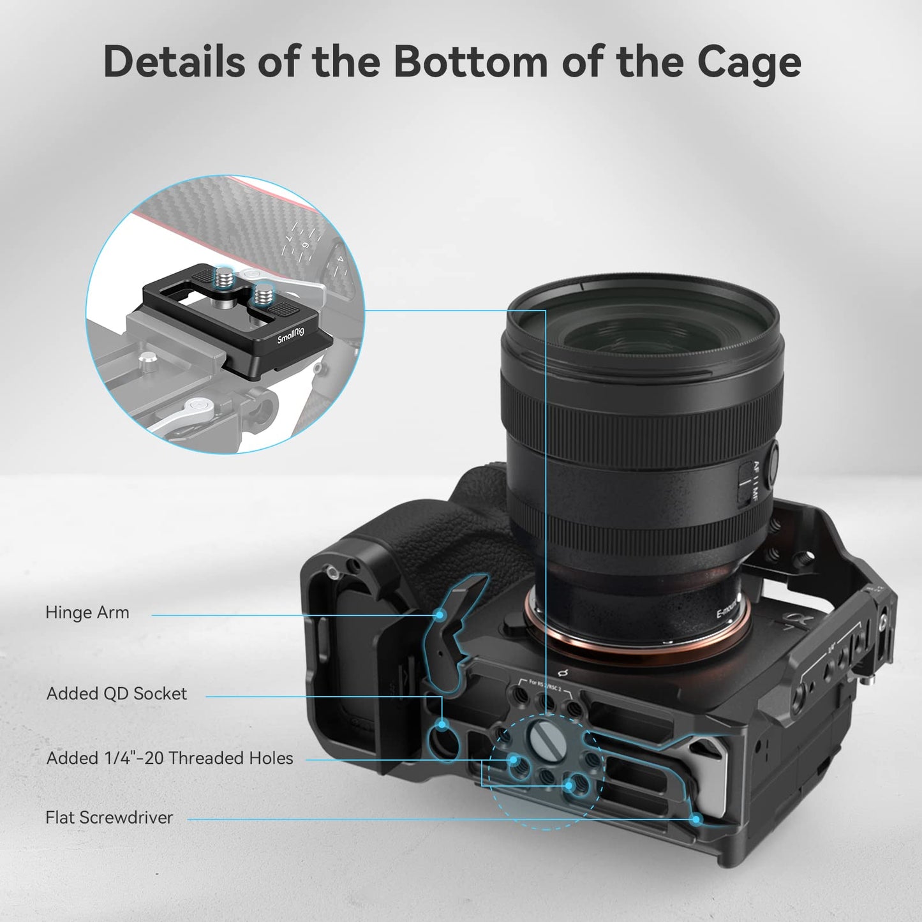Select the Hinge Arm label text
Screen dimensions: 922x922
point(87,613)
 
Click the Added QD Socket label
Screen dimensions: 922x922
point(117,694)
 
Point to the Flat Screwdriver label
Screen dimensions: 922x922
point(109,817)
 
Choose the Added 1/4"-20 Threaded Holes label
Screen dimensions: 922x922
point(170,758)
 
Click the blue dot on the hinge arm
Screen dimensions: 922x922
point(440,615)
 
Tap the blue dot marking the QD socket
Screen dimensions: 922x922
point(442,724)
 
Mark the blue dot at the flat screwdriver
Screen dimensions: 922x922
point(697,819)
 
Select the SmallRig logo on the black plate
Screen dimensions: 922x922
point(291,335)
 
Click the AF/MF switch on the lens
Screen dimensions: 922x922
point(745,482)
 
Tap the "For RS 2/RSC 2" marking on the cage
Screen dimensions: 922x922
point(545,685)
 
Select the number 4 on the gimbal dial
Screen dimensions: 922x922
point(341,260)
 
